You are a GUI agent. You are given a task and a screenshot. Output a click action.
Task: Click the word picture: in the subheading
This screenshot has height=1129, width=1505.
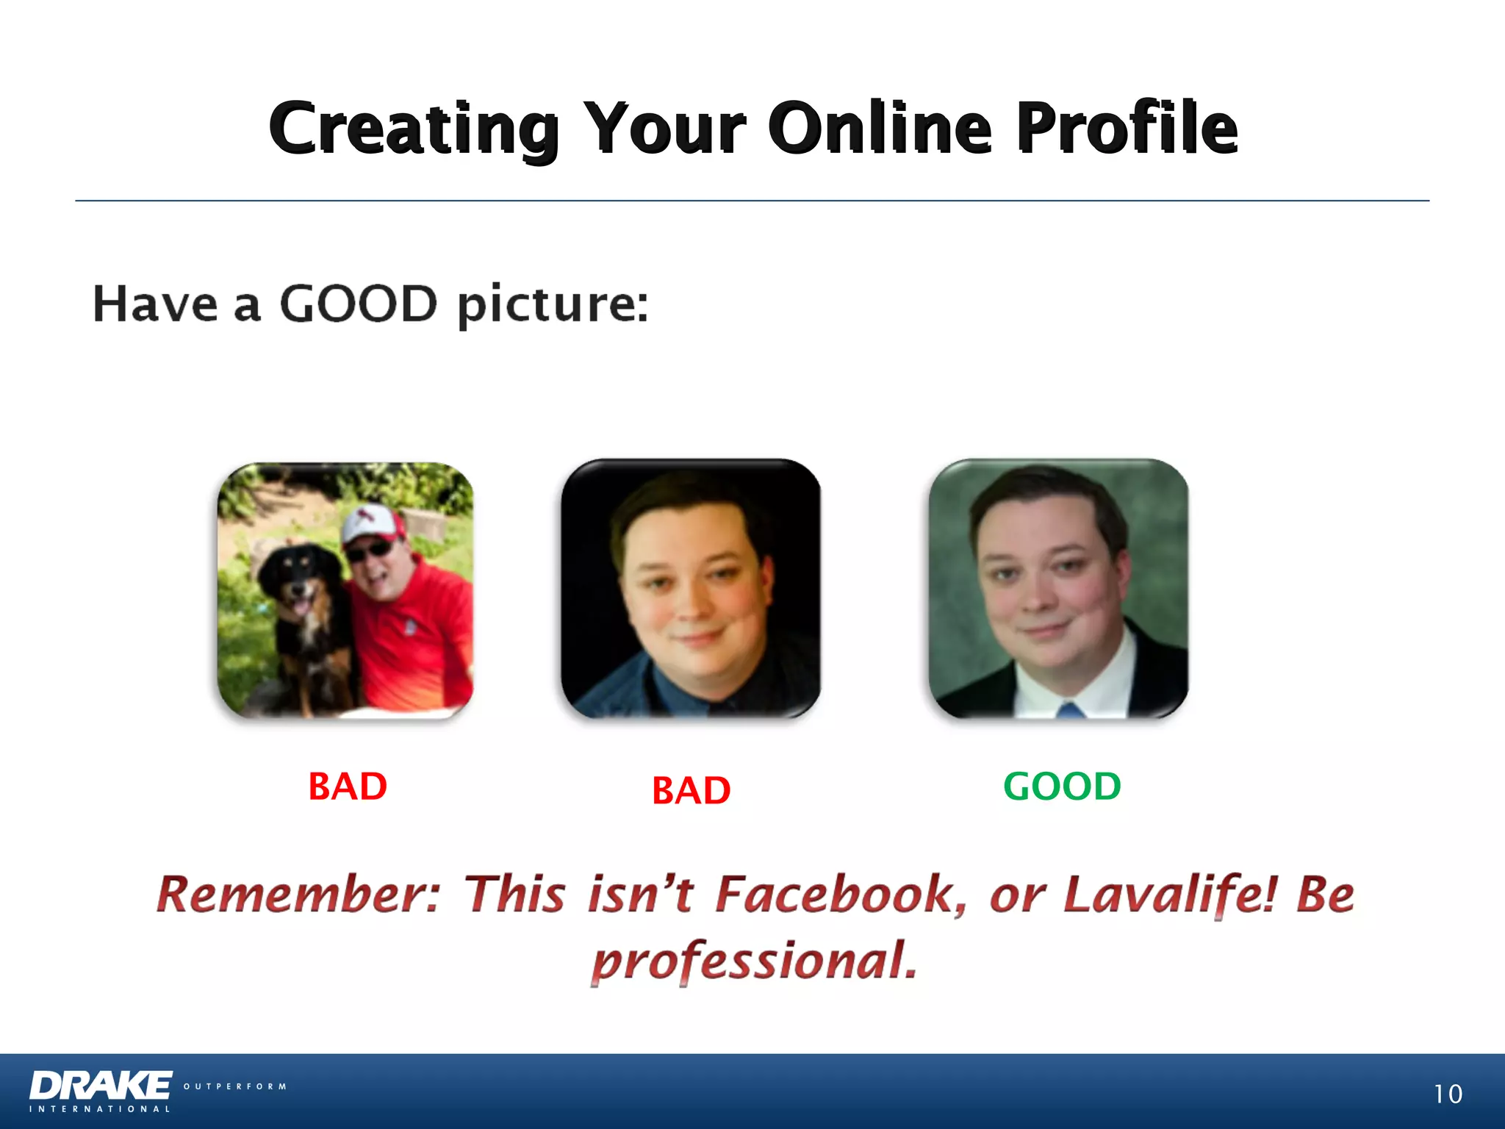553,304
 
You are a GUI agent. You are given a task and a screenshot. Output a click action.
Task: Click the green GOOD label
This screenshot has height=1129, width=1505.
1062,786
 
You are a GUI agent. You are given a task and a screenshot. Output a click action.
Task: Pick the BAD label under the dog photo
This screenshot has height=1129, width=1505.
348,786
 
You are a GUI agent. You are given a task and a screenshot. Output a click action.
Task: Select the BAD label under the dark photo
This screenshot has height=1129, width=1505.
691,791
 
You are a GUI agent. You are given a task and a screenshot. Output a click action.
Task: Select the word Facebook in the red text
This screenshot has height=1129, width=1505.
841,895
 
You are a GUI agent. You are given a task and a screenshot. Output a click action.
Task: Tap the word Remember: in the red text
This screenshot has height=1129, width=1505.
298,895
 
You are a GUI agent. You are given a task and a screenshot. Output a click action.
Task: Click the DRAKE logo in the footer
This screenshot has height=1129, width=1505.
101,1086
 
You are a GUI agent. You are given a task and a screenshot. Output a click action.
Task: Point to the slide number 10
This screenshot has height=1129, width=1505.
1447,1094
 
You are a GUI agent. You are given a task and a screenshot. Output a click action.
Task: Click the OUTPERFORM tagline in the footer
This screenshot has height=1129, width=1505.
234,1086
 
